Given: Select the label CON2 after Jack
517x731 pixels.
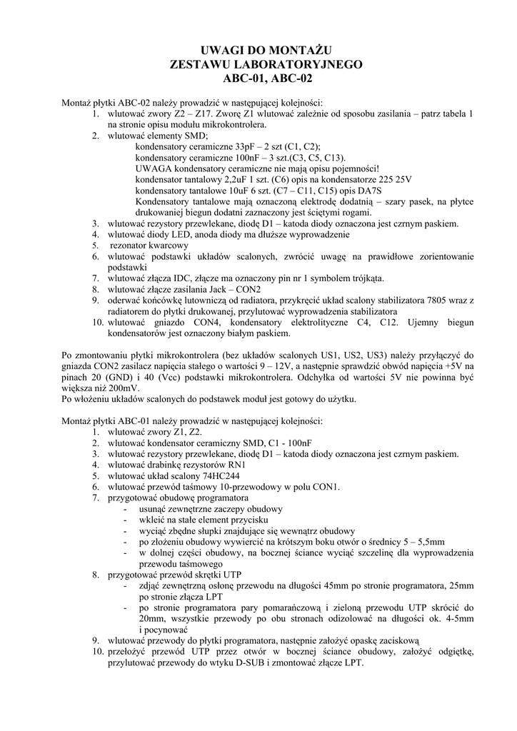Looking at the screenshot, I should pyautogui.click(x=249, y=289).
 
